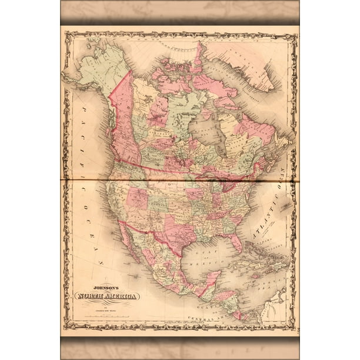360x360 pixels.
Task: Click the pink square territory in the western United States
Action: click(x=138, y=198)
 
